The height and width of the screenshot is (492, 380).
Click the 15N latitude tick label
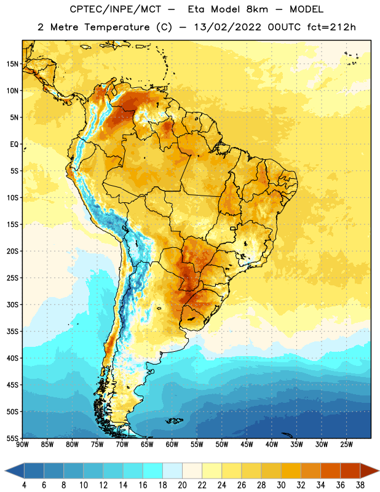[12, 64]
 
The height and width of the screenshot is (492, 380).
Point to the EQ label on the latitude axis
[14, 145]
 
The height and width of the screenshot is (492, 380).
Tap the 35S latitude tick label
[12, 331]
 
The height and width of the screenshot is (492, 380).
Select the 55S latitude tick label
[12, 438]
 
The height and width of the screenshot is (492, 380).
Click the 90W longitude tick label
[22, 445]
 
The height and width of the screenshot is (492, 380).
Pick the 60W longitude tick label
[172, 445]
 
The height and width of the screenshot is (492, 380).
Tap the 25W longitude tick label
[346, 445]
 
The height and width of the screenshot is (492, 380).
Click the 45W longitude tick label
[247, 445]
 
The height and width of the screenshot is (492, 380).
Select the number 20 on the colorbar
[182, 485]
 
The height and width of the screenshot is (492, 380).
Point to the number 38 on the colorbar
[360, 485]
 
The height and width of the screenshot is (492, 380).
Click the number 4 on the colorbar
[24, 485]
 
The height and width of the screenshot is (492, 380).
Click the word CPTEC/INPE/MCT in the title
[115, 9]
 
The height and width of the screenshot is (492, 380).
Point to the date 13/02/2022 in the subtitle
[228, 27]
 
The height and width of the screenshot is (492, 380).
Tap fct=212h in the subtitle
[331, 27]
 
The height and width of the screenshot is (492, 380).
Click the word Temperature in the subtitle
[117, 28]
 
